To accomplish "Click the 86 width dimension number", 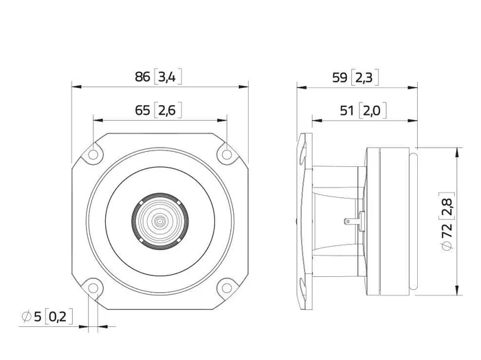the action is pyautogui.click(x=142, y=77).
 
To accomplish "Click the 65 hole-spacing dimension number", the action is pyautogui.click(x=142, y=110).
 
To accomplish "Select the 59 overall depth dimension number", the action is pyautogui.click(x=340, y=78).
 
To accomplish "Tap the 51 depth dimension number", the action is pyautogui.click(x=347, y=111).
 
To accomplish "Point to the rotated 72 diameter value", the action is pyautogui.click(x=447, y=230).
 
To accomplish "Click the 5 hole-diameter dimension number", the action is pyautogui.click(x=37, y=317).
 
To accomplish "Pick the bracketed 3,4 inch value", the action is pyautogui.click(x=167, y=77).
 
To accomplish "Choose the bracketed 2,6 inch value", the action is pyautogui.click(x=167, y=110).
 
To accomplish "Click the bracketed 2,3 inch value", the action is pyautogui.click(x=364, y=78).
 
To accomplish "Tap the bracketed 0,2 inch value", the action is pyautogui.click(x=58, y=317).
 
